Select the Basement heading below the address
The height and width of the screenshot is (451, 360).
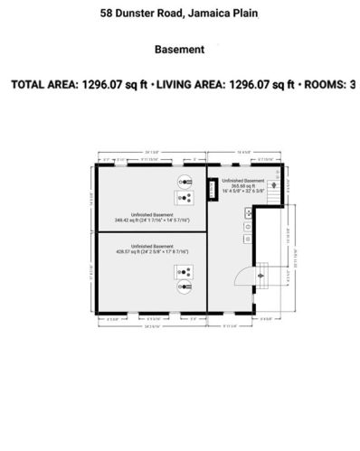tap(180, 50)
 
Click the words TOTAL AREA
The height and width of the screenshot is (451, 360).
tap(42, 84)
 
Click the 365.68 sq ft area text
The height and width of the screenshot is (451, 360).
tap(246, 186)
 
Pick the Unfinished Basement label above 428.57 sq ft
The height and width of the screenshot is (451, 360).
tap(152, 246)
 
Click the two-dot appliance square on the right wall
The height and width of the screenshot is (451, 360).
tap(246, 212)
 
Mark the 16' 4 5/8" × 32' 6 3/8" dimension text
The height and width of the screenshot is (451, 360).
tap(246, 192)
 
